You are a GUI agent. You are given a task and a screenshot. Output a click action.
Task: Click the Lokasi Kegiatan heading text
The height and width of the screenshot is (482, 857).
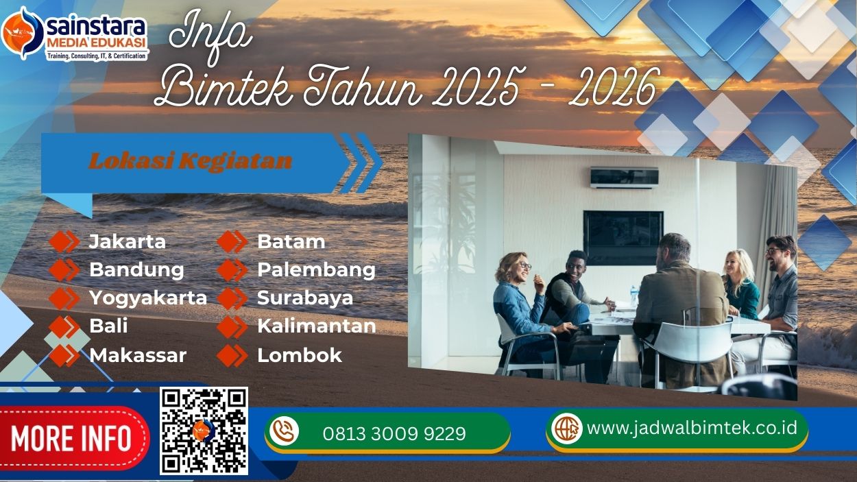click(191, 161)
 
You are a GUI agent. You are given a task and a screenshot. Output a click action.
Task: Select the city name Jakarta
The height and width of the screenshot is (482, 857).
click(128, 241)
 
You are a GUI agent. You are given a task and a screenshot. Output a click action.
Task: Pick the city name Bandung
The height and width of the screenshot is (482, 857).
click(136, 269)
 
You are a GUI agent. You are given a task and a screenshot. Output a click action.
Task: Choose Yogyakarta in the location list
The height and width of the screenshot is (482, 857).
click(148, 298)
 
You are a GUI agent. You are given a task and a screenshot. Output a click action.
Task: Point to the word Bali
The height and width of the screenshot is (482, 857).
click(108, 326)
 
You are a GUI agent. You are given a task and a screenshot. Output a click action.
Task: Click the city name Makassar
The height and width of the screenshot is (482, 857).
click(138, 355)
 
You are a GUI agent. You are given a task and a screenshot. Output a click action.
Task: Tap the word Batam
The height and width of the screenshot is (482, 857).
click(291, 241)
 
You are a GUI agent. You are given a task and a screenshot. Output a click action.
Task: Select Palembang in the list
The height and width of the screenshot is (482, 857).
click(316, 269)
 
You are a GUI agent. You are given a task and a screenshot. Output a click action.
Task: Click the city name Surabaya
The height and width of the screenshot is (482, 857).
click(305, 298)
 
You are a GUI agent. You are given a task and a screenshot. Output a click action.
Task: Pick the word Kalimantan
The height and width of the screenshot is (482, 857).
click(316, 326)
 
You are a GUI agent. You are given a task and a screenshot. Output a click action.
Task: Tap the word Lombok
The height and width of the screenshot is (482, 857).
click(299, 355)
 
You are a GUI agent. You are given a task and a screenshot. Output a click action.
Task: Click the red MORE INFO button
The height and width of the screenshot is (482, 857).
click(71, 438)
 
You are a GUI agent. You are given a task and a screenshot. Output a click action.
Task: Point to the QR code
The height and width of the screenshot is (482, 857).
click(204, 431)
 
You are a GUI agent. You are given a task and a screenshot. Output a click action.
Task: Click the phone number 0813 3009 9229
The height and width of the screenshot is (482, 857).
click(394, 433)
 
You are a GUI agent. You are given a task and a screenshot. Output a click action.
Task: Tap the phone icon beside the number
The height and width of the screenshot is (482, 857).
click(284, 431)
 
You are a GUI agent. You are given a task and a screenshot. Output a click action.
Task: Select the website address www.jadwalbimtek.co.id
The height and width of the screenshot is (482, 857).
click(692, 428)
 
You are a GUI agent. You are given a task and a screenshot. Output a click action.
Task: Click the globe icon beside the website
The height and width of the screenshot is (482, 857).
click(567, 429)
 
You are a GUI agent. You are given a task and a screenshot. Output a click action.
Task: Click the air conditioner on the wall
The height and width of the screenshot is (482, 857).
click(624, 178)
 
